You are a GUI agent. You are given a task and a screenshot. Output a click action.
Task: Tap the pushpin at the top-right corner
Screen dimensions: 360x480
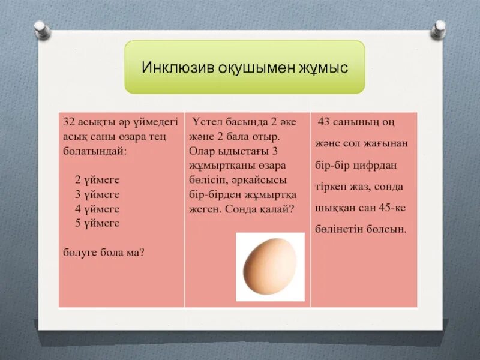click(439, 27)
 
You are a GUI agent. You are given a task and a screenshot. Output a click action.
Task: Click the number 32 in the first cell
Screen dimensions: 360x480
click(69, 122)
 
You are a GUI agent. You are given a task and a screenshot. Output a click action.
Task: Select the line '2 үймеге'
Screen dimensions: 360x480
click(97, 180)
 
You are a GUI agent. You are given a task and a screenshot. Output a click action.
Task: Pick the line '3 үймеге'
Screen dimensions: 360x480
click(97, 194)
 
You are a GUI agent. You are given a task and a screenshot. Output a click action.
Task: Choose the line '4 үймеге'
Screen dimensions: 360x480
click(97, 209)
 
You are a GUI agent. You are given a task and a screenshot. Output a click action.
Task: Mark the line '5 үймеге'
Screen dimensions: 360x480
click(97, 223)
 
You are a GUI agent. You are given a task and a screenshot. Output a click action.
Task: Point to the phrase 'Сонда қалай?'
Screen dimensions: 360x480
click(266, 209)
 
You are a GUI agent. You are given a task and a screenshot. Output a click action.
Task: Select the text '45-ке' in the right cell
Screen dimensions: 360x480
click(392, 208)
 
